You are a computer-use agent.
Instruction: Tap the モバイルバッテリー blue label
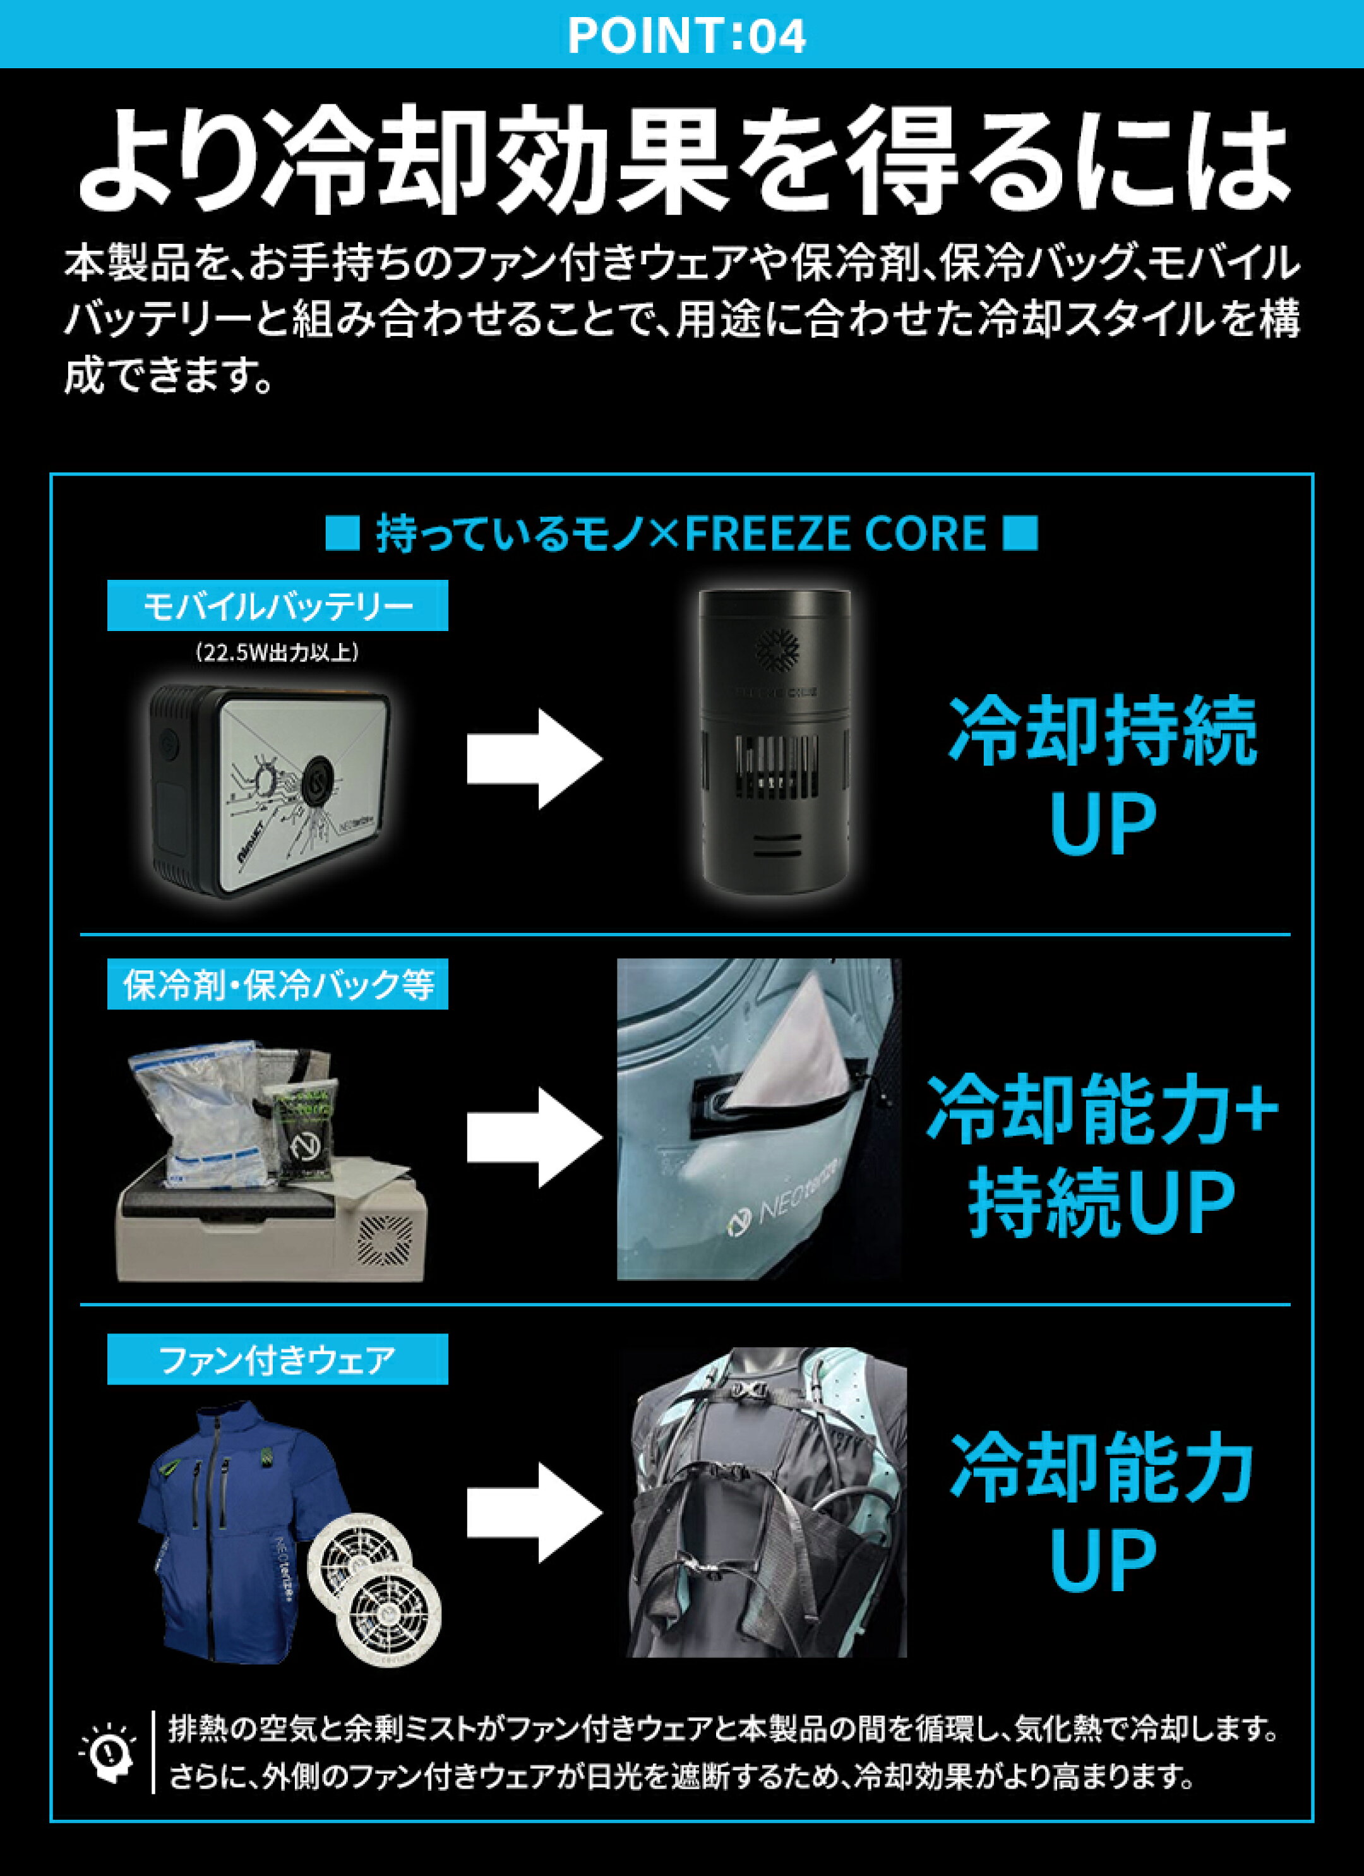277,606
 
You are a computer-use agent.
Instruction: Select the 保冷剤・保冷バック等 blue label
277,983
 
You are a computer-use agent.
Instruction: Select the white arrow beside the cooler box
534,1138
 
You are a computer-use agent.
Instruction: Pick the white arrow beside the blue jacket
534,1513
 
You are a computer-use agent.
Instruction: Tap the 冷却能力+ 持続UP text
1102,1155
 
